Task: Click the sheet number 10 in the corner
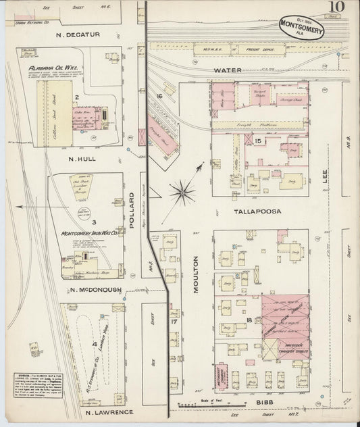335,8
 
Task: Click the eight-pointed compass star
182,192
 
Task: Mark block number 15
258,140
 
